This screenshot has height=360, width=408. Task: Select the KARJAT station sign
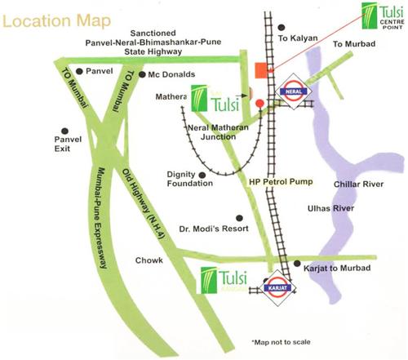point(274,288)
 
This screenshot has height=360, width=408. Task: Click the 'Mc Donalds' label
point(171,75)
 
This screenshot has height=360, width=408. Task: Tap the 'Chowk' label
point(149,260)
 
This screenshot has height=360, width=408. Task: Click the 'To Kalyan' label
point(295,38)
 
